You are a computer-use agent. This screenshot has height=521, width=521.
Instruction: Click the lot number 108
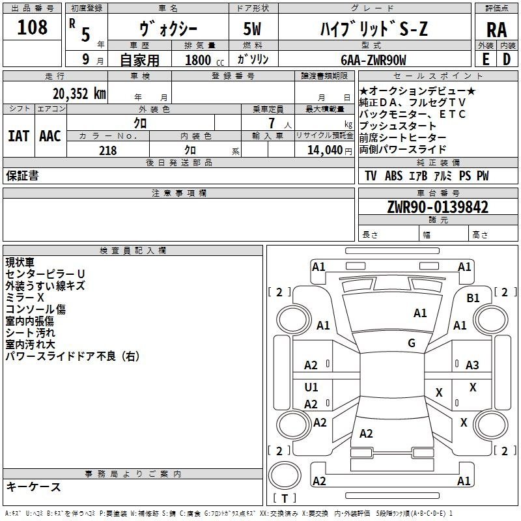point(32,27)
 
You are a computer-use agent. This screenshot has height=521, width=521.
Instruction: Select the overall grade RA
point(496,30)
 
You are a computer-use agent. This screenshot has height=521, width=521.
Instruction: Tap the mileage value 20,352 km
point(79,94)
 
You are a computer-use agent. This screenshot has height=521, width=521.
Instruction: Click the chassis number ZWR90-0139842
point(438,207)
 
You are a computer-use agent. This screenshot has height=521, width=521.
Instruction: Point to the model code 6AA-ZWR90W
point(373,60)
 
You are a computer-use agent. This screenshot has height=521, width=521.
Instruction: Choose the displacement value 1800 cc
point(204,60)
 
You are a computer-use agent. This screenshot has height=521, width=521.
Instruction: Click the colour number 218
point(107,150)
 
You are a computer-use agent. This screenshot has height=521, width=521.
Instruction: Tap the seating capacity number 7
point(272,123)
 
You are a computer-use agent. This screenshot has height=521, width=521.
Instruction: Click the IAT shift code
point(18,136)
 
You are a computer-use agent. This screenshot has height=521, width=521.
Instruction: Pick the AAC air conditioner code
point(50,136)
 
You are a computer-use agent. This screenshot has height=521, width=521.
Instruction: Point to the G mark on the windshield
point(412,343)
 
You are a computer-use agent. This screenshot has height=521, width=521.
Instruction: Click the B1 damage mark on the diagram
point(473,298)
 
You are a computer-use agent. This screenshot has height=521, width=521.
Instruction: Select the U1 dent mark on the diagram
point(311,387)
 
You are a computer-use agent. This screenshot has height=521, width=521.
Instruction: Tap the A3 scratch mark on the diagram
point(472,365)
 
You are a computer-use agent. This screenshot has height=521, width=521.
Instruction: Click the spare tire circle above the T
point(285,475)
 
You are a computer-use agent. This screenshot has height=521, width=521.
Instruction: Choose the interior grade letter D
point(507,59)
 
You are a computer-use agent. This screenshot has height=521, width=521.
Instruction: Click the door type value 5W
point(252,29)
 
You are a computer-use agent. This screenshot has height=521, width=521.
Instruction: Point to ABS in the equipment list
point(393,176)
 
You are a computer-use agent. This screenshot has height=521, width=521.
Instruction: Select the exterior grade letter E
point(485,59)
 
